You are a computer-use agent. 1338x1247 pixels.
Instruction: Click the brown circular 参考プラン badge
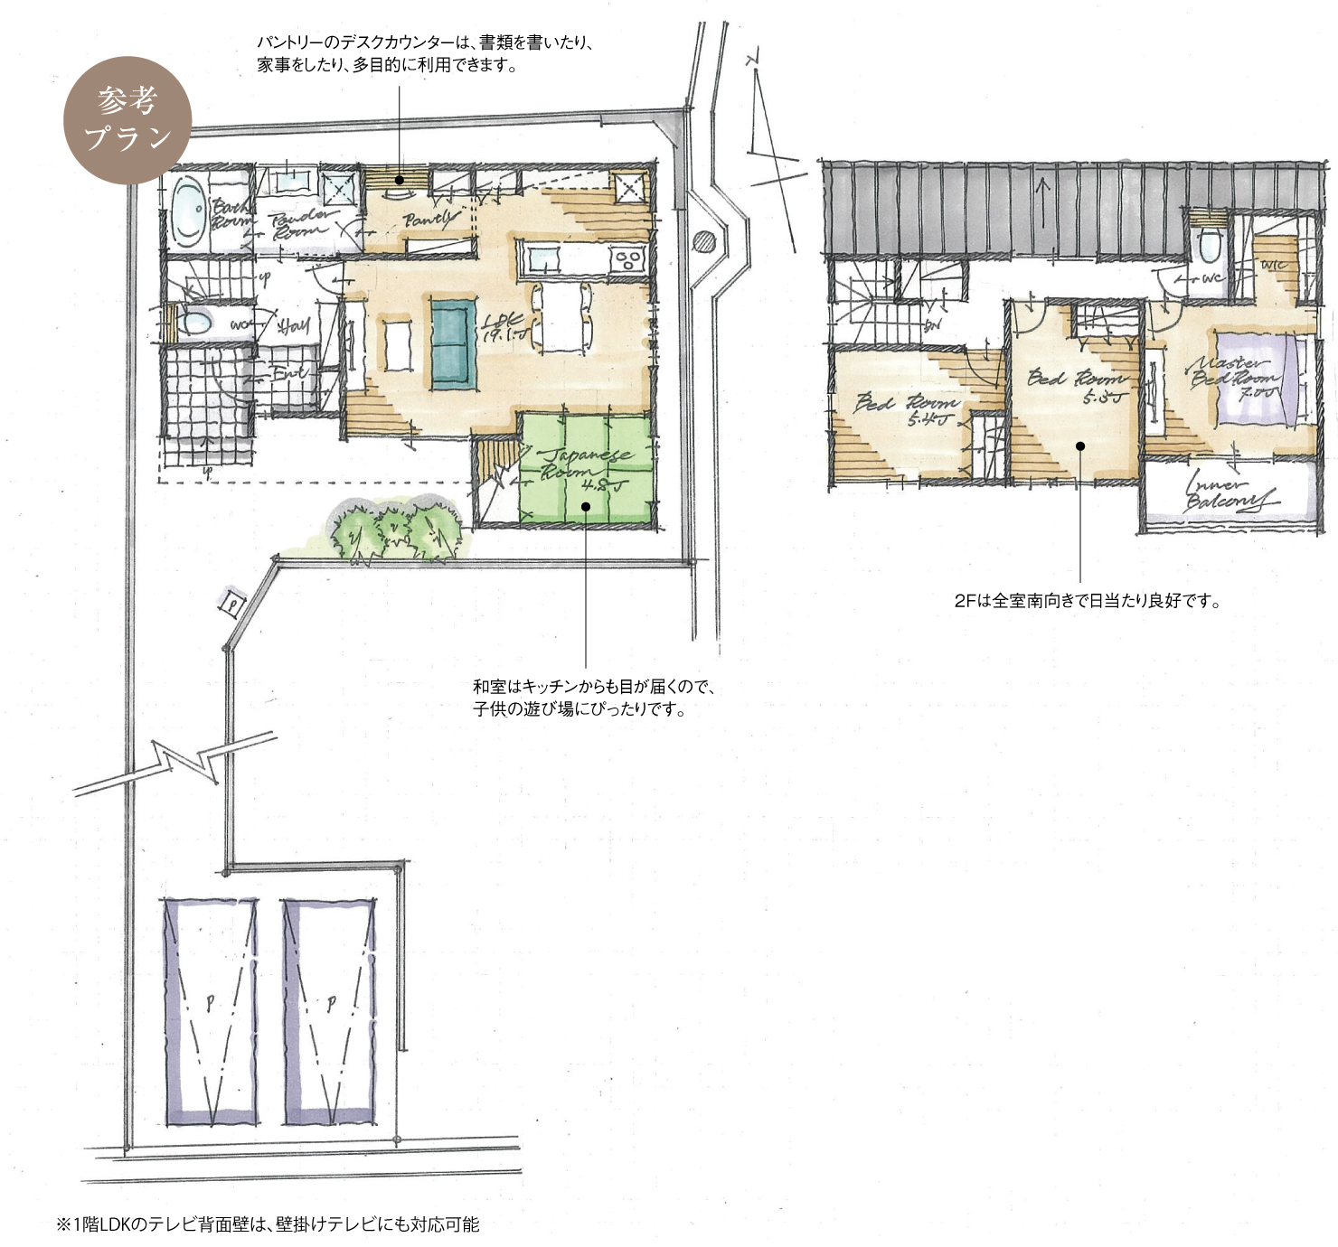tap(127, 120)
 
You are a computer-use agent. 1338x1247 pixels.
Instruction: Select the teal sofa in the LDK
tap(453, 344)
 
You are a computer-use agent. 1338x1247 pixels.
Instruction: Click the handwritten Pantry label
tap(429, 220)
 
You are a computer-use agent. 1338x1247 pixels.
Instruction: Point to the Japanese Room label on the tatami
tap(583, 465)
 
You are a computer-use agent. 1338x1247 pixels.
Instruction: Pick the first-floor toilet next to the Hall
tap(193, 323)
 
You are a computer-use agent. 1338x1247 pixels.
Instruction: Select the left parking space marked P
tap(210, 1010)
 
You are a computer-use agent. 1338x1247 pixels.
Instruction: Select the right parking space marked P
tap(329, 1010)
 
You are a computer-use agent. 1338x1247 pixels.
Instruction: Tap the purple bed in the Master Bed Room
tap(1258, 378)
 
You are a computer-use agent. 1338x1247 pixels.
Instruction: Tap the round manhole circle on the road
tap(704, 241)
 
